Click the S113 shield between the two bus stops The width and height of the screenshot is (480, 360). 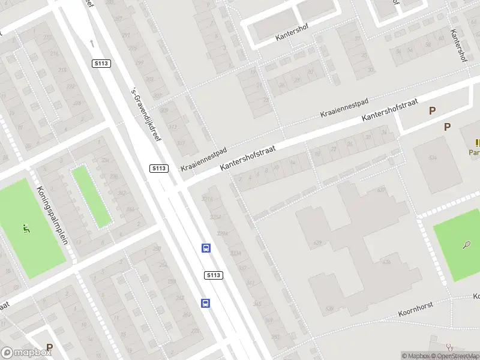[x=214, y=275]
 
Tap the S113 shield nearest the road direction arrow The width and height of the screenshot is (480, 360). [x=100, y=64]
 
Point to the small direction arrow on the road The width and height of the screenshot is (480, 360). [x=92, y=43]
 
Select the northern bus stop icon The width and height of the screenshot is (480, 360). [x=206, y=248]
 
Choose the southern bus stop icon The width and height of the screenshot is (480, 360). [x=205, y=303]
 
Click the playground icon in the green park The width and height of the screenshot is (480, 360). [x=26, y=228]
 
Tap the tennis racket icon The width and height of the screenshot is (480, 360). [x=466, y=244]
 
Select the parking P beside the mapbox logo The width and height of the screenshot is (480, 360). [x=50, y=347]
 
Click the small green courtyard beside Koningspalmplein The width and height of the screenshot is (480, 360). [x=91, y=196]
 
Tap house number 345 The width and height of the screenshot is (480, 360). [x=257, y=304]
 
